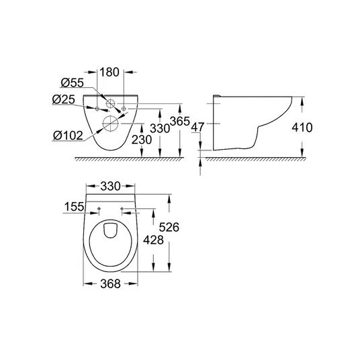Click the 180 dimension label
(109, 72)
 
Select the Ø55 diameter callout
(73, 83)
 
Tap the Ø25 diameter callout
(64, 99)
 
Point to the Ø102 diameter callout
(68, 135)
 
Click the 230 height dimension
(142, 140)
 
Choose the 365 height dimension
(180, 121)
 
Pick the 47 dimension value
(197, 127)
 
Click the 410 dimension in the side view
(302, 128)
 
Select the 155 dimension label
(74, 207)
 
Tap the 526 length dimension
(169, 227)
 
